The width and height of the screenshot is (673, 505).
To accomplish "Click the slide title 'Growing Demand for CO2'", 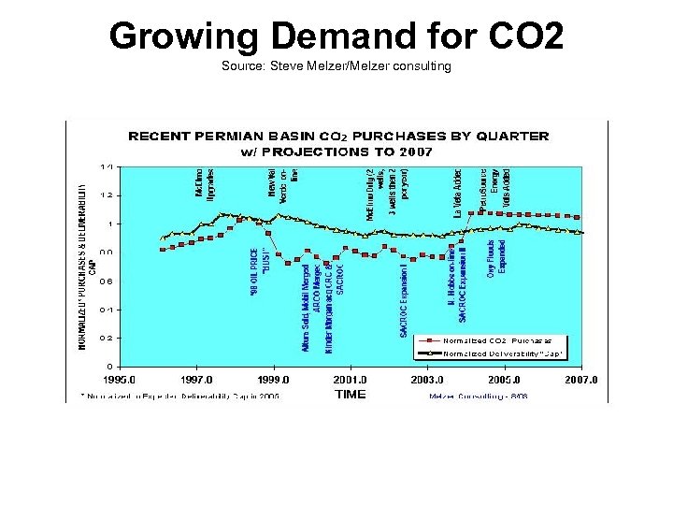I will point(336,36).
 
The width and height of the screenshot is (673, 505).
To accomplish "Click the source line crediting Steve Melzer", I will point(336,66).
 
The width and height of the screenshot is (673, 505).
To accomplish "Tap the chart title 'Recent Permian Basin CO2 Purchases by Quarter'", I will point(337,136).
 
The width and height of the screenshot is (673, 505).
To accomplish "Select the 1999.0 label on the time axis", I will point(274,381).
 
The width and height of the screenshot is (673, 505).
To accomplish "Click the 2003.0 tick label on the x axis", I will point(426,381).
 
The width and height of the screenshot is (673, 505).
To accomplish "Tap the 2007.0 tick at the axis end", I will point(580,381).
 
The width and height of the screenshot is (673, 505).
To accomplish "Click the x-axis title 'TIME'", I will point(351,395).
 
